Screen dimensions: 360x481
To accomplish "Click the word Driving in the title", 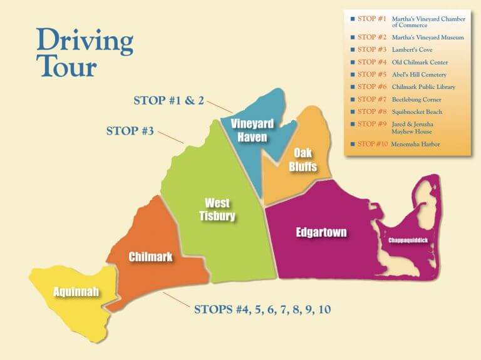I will (x=85, y=41).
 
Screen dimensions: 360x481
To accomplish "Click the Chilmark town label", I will (x=150, y=257).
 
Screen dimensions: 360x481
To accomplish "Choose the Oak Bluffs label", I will (x=303, y=160).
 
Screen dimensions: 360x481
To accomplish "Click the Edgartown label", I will (x=321, y=233).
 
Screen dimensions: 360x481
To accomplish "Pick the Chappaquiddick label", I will (x=407, y=240).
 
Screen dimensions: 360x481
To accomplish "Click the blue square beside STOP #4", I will (x=353, y=62).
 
